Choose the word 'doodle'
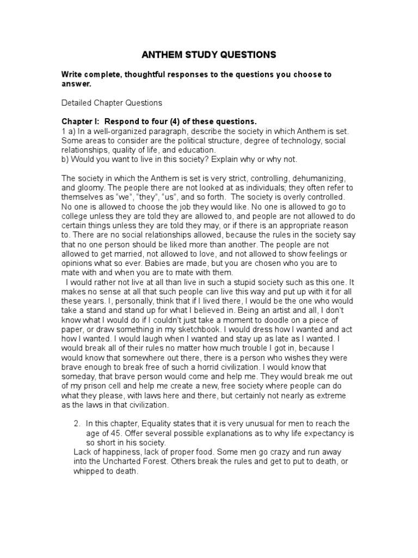(268, 319)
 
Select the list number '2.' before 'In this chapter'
(77, 423)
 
